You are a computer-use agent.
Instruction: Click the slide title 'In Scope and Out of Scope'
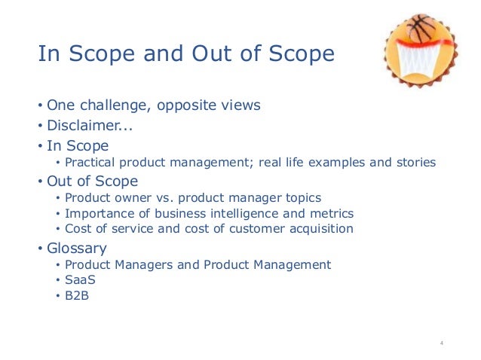click(186, 54)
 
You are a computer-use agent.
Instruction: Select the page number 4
click(442, 343)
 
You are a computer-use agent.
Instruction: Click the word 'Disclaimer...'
click(84, 125)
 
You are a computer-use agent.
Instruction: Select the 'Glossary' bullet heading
click(76, 248)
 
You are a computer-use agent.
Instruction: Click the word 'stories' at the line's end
click(415, 163)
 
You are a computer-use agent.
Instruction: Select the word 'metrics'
click(332, 214)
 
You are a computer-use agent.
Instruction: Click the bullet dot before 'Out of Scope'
click(41, 182)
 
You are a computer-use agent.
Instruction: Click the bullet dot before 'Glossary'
click(41, 249)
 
